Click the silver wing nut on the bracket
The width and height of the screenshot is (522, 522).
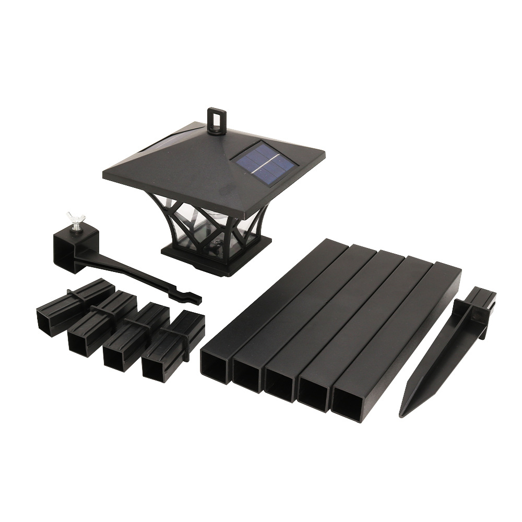[x=74, y=221]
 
